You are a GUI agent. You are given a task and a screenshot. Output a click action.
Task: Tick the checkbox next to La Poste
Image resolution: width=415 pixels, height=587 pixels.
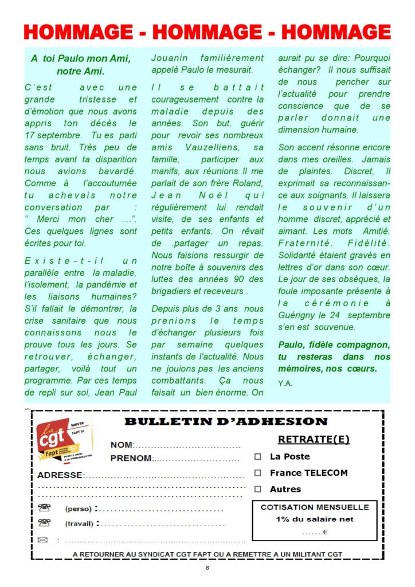tap(258, 457)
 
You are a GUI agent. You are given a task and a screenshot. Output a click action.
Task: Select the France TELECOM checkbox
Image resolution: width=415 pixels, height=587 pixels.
tap(258, 473)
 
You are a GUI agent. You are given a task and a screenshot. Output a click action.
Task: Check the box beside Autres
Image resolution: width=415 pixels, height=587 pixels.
tap(258, 489)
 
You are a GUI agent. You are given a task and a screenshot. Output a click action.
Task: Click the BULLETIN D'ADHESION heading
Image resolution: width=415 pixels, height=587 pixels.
tap(226, 422)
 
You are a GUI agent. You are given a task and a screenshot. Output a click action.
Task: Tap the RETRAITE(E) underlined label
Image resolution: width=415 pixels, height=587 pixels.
tap(314, 440)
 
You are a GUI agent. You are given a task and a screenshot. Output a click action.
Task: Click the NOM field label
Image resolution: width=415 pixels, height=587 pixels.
tap(122, 445)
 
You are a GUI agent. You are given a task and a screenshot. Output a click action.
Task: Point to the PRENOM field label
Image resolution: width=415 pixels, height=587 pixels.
tap(131, 458)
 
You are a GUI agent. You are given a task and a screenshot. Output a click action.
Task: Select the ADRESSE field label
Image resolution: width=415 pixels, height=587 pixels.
tap(60, 475)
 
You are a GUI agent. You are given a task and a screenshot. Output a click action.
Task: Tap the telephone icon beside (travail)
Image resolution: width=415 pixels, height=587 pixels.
tap(44, 523)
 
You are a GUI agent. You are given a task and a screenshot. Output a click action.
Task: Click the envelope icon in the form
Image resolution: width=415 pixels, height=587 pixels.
tap(42, 539)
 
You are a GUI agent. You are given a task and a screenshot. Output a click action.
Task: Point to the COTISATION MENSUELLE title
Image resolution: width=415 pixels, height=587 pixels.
tap(315, 507)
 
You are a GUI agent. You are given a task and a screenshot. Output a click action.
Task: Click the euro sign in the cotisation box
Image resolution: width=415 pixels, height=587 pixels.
tap(326, 533)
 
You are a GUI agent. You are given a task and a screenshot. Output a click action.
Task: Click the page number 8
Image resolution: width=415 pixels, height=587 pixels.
tap(207, 568)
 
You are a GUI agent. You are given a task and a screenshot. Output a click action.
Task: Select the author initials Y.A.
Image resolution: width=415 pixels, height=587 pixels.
tap(285, 383)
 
